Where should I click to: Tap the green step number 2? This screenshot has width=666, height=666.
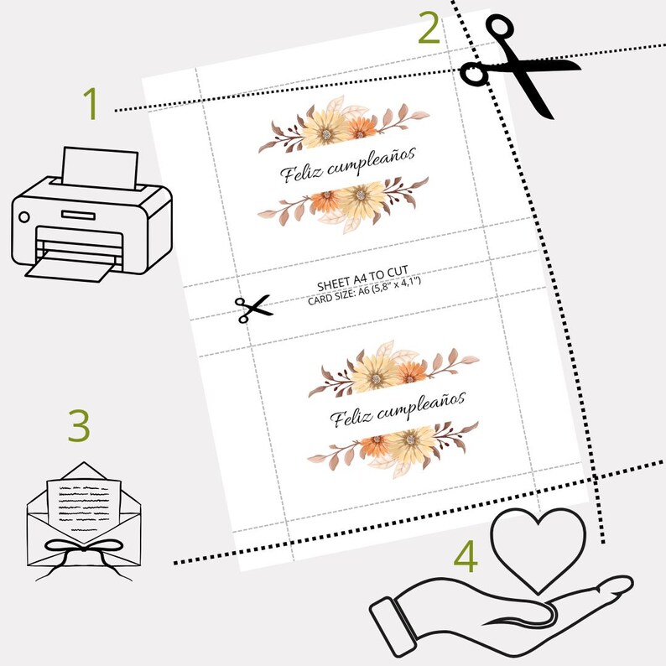coord(429,28)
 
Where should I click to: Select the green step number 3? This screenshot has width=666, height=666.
coord(80,425)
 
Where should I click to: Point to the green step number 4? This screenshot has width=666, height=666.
coord(466,556)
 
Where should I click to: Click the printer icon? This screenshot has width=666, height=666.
coord(92,215)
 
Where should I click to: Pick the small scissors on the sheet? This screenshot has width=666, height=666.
coord(253,309)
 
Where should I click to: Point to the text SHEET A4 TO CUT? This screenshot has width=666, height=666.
coord(362,278)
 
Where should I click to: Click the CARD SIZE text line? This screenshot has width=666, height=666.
coord(364,291)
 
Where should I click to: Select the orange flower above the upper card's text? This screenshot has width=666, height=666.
coord(359,127)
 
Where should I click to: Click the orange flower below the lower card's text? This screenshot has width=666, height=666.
coord(374,447)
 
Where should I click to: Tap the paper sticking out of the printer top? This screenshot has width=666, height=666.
coord(100,169)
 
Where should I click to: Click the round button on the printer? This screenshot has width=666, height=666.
coord(24,217)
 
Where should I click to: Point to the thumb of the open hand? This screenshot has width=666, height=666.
coord(611,589)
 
